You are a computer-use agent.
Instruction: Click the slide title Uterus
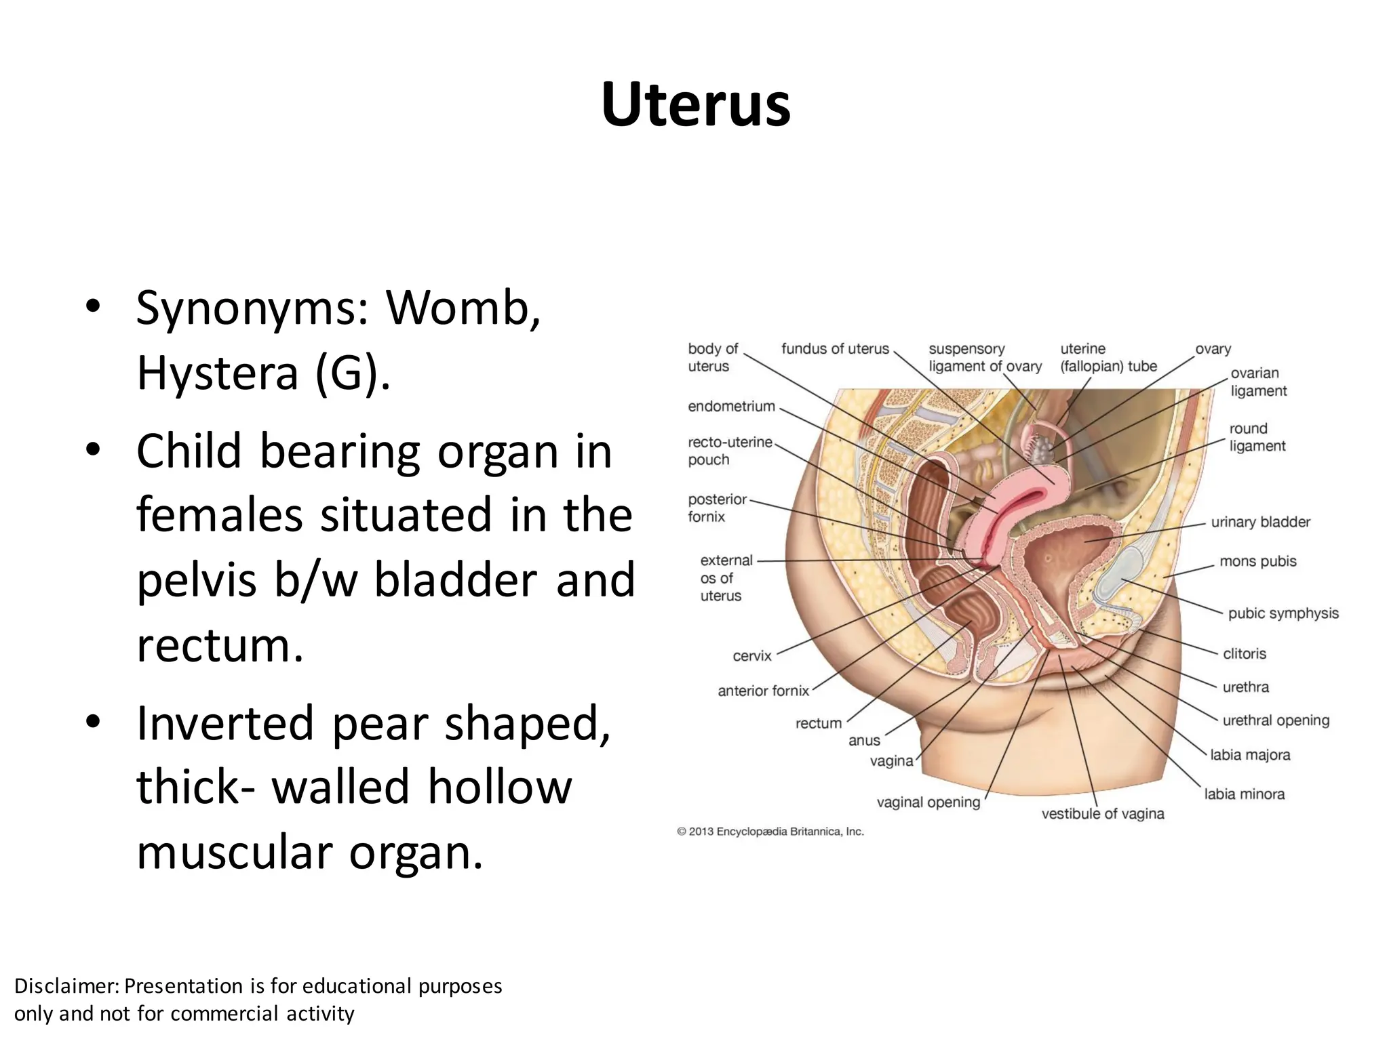[695, 105]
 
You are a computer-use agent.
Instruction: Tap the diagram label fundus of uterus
[834, 349]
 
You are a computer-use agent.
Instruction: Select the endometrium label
[730, 407]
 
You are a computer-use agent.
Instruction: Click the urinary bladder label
[1260, 523]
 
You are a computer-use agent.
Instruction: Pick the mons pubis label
[1257, 562]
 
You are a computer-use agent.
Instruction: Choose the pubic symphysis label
[1283, 613]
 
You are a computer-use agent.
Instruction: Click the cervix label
[751, 656]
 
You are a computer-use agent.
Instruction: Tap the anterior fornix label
[763, 691]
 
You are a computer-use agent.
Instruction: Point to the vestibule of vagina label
[1102, 814]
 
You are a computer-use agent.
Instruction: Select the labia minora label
[1244, 794]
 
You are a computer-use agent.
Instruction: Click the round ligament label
[1257, 438]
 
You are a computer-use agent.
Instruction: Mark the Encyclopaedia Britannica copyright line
[770, 832]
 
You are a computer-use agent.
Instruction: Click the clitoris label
[1244, 654]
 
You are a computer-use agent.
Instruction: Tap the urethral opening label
[1275, 720]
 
